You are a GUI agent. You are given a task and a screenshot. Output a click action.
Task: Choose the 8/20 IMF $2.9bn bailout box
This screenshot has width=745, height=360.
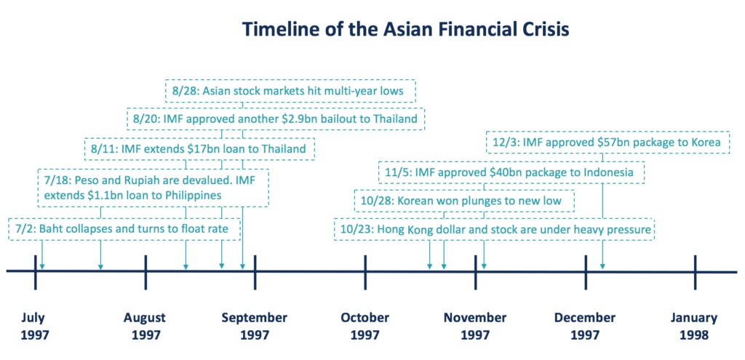275,119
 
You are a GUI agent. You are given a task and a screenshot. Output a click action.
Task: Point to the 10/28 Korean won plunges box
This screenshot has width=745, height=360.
463,199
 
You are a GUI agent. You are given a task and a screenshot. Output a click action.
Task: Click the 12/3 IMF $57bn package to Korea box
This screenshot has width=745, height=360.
607,143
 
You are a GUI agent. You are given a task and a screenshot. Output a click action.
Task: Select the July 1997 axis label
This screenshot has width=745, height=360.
34,327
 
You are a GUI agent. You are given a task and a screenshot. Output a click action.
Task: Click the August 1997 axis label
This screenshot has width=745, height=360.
144,327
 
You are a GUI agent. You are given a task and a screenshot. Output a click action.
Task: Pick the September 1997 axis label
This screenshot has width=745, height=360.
254,327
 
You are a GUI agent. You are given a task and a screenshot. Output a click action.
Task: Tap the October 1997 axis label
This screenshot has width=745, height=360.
364,327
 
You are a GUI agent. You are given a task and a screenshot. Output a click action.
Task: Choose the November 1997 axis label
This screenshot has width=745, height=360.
475,327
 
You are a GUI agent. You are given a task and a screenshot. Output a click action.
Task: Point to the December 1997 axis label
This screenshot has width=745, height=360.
585,327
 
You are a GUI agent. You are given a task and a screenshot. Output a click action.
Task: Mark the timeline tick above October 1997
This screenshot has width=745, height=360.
365,271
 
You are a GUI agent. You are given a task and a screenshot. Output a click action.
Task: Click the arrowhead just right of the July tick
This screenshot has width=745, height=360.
42,266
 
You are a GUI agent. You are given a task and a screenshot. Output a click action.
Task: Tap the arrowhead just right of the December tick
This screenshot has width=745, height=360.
602,266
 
